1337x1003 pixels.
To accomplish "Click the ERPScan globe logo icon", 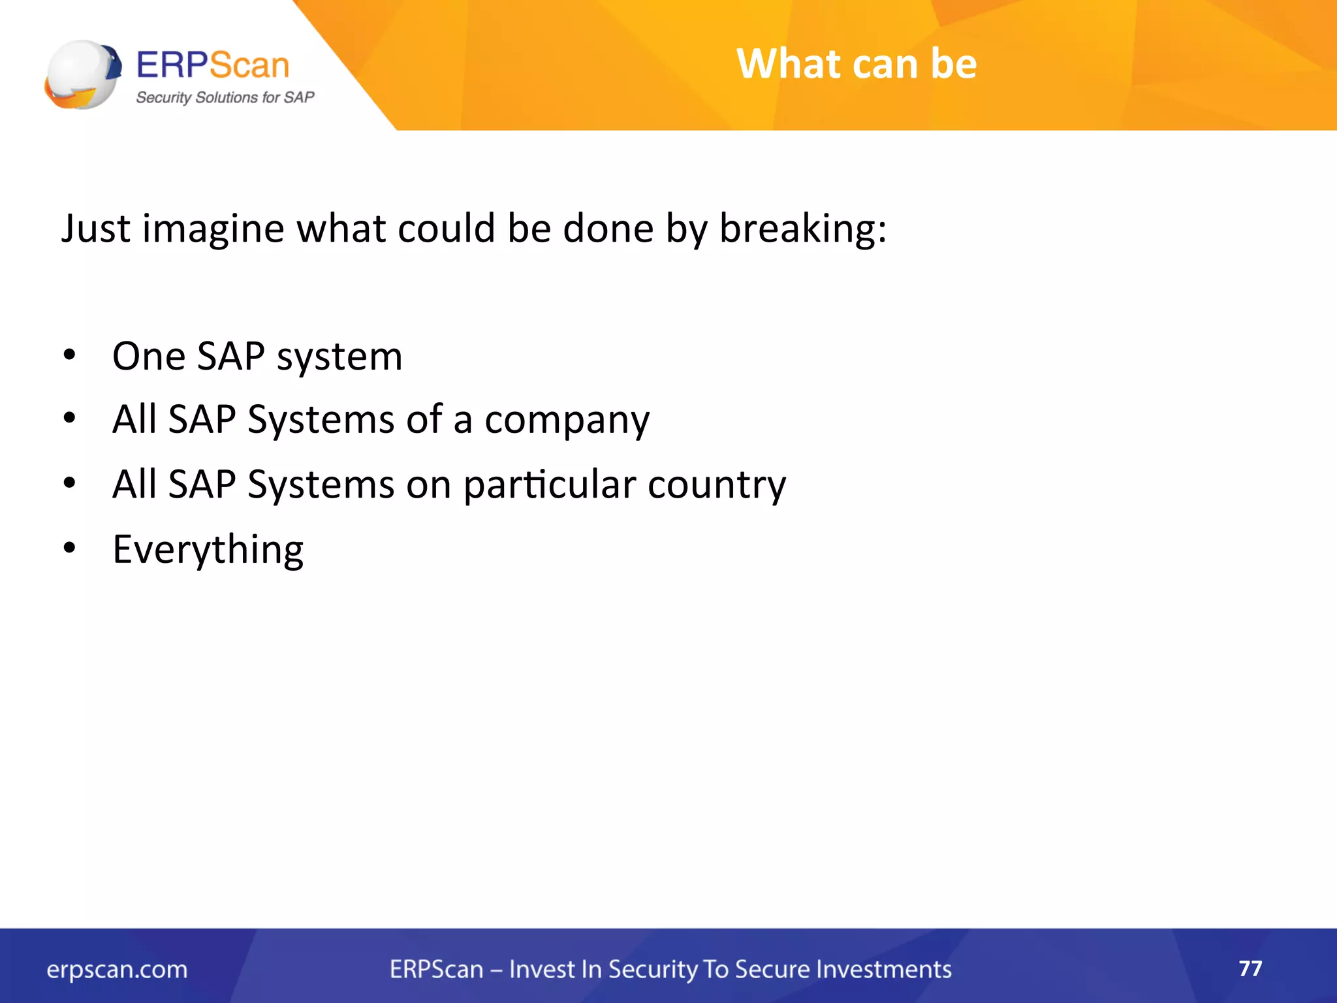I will point(83,74).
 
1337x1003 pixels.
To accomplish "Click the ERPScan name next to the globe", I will point(212,65).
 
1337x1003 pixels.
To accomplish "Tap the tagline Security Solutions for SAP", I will point(225,98).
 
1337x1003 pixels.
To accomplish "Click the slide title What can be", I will point(856,64).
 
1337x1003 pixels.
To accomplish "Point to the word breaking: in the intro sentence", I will point(802,230).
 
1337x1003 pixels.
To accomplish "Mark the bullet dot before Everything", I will point(70,547).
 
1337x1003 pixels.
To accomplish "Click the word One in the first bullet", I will point(148,357).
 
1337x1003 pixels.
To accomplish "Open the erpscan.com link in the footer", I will point(117,969).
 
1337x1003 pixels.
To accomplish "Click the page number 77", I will point(1250,968).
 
